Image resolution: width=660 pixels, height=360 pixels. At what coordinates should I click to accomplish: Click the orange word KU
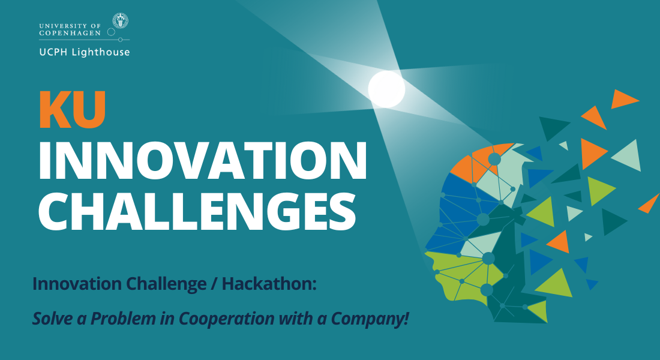tap(73, 110)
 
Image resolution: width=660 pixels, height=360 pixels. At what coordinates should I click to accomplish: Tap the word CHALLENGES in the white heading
tap(197, 212)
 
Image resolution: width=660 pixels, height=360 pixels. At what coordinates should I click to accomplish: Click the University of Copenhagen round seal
tap(121, 20)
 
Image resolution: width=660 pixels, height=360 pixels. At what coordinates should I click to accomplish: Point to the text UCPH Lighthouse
tap(85, 52)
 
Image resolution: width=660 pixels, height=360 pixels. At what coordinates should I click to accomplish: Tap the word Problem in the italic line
tap(123, 318)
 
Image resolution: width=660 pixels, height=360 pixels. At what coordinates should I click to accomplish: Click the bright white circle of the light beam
tap(386, 89)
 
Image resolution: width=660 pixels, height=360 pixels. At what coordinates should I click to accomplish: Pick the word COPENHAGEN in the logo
tap(70, 33)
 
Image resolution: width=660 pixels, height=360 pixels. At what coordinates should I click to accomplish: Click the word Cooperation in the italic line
tap(226, 319)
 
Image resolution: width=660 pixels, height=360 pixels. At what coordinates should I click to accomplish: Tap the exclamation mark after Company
tap(406, 318)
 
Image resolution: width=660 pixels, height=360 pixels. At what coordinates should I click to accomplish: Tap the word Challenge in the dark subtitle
tap(166, 284)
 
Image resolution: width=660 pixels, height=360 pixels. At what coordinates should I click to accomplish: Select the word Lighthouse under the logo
tap(101, 52)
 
